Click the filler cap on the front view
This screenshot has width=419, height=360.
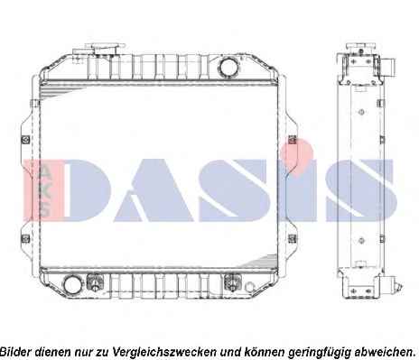pos(105,49)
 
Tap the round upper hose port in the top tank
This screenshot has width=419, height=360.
pos(228,66)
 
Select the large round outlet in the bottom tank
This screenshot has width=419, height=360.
pos(73,284)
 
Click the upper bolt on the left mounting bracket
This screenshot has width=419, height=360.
pos(26,140)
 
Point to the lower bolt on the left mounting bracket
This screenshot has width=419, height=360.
pos(26,239)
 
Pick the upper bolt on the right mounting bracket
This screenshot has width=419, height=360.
pos(293,140)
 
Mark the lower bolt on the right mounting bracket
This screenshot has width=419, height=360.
pos(293,239)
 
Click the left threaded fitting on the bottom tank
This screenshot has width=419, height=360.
pos(95,282)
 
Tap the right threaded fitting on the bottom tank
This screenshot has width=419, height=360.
pos(232,282)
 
